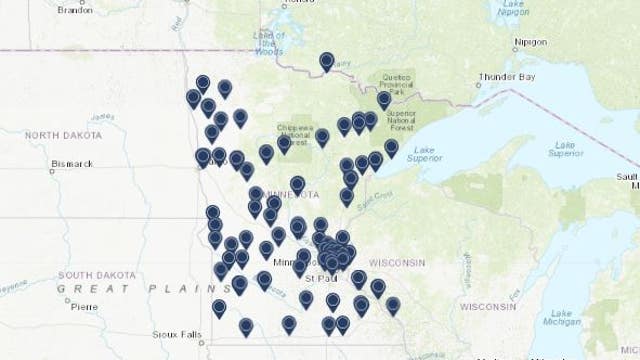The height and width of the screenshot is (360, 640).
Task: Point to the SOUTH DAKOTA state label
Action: click(91, 274)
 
